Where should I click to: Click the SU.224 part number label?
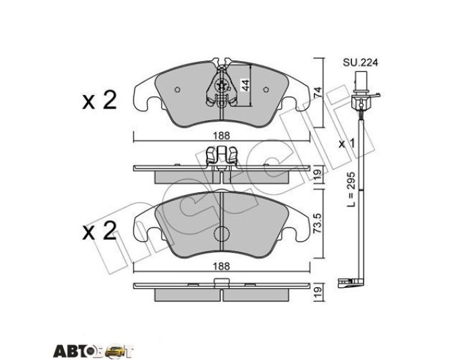point(360,62)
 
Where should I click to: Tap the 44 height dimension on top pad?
point(245,85)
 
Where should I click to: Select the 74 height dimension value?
point(318,93)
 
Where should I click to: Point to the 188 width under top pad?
point(221,136)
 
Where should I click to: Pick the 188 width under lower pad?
point(221,266)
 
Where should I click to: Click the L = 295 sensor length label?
point(351,190)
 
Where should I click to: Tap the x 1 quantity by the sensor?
point(346,144)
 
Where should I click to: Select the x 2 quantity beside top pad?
point(99,101)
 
